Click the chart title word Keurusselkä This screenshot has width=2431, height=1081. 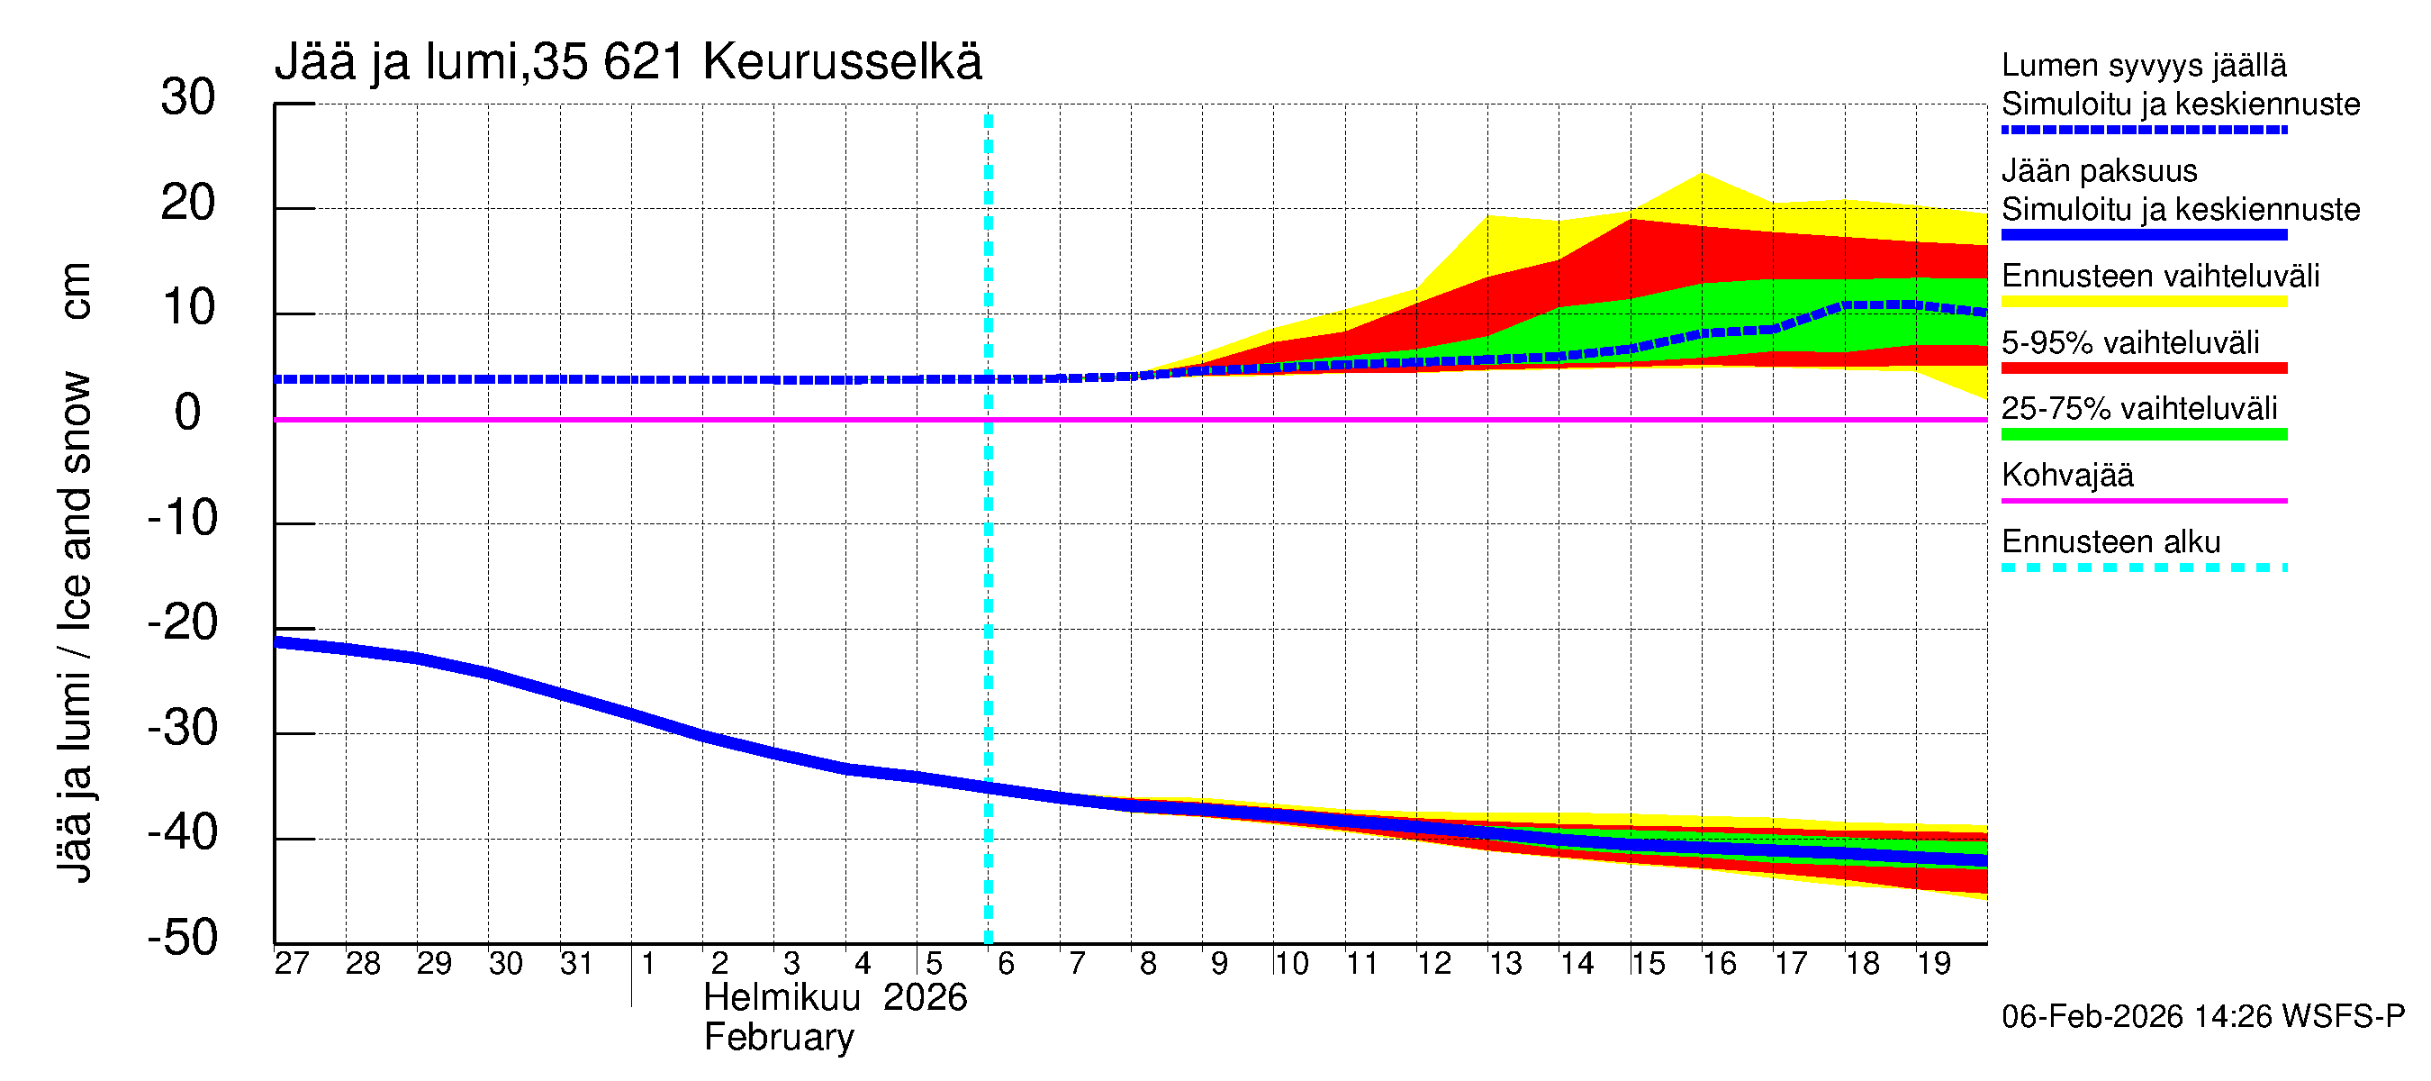pyautogui.click(x=842, y=62)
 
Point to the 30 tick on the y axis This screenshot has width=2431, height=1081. pyautogui.click(x=188, y=97)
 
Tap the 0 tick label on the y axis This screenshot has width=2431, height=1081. pyautogui.click(x=188, y=413)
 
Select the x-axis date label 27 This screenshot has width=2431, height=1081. pyautogui.click(x=292, y=963)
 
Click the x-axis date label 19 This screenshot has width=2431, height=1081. pyautogui.click(x=1933, y=963)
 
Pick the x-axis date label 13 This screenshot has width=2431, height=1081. pyautogui.click(x=1505, y=963)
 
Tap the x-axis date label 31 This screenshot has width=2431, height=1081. pyautogui.click(x=576, y=963)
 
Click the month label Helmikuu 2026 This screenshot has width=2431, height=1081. pyautogui.click(x=836, y=998)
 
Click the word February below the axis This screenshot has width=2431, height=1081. pyautogui.click(x=779, y=1038)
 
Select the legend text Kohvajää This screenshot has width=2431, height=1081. pyautogui.click(x=2066, y=475)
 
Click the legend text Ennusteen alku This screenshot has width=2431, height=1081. pyautogui.click(x=2110, y=542)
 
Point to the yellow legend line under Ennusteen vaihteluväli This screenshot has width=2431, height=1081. pyautogui.click(x=2143, y=302)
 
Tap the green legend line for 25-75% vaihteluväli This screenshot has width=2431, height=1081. pyautogui.click(x=2143, y=435)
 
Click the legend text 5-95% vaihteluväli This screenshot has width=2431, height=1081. pyautogui.click(x=2130, y=342)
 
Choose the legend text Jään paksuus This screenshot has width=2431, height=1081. pyautogui.click(x=2099, y=171)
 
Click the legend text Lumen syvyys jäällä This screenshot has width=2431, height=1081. pyautogui.click(x=2143, y=65)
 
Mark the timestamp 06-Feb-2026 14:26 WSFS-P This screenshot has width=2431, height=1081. pyautogui.click(x=2202, y=1017)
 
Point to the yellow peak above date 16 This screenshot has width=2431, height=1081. pyautogui.click(x=1702, y=176)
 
